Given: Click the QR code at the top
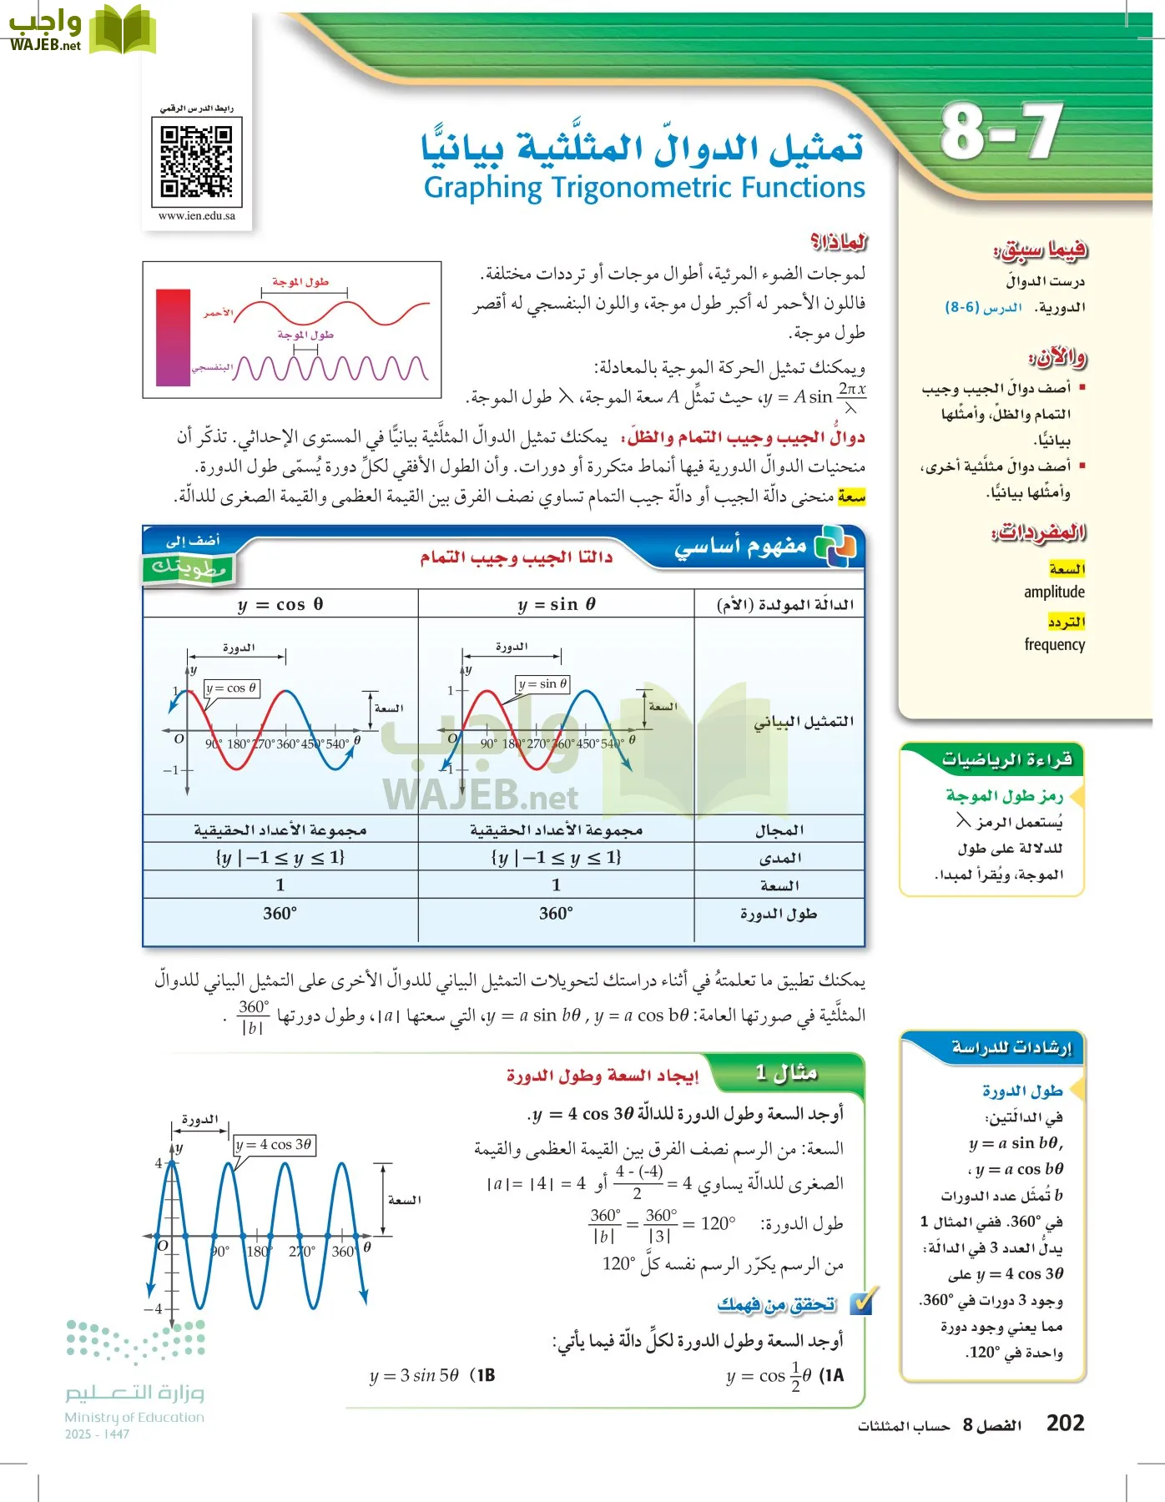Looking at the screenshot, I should pyautogui.click(x=197, y=161).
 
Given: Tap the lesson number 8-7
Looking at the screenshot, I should pyautogui.click(x=1001, y=132).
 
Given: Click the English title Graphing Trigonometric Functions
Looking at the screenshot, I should pyautogui.click(x=644, y=187).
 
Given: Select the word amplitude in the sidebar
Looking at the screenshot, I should pyautogui.click(x=1054, y=592).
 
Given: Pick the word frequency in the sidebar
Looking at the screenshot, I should pyautogui.click(x=1054, y=644).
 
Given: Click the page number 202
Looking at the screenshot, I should pyautogui.click(x=1065, y=1423).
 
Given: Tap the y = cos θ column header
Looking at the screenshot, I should pyautogui.click(x=280, y=604).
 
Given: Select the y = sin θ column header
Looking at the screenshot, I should pyautogui.click(x=557, y=604).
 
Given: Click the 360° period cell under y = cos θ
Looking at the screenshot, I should pyautogui.click(x=280, y=913).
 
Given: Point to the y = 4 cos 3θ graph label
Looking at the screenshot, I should pyautogui.click(x=274, y=1144).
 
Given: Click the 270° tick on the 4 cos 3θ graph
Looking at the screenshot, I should pyautogui.click(x=302, y=1251).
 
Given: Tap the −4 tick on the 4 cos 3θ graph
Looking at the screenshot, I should pyautogui.click(x=154, y=1308).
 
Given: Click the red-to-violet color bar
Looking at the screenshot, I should pyautogui.click(x=174, y=337).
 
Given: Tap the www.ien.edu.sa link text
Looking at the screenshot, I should pyautogui.click(x=197, y=215).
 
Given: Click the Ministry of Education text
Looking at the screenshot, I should pyautogui.click(x=134, y=1417).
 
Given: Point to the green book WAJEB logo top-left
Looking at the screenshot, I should pyautogui.click(x=123, y=29).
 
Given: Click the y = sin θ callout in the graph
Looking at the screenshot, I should pyautogui.click(x=542, y=684).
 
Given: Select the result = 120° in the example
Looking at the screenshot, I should pyautogui.click(x=710, y=1223).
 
